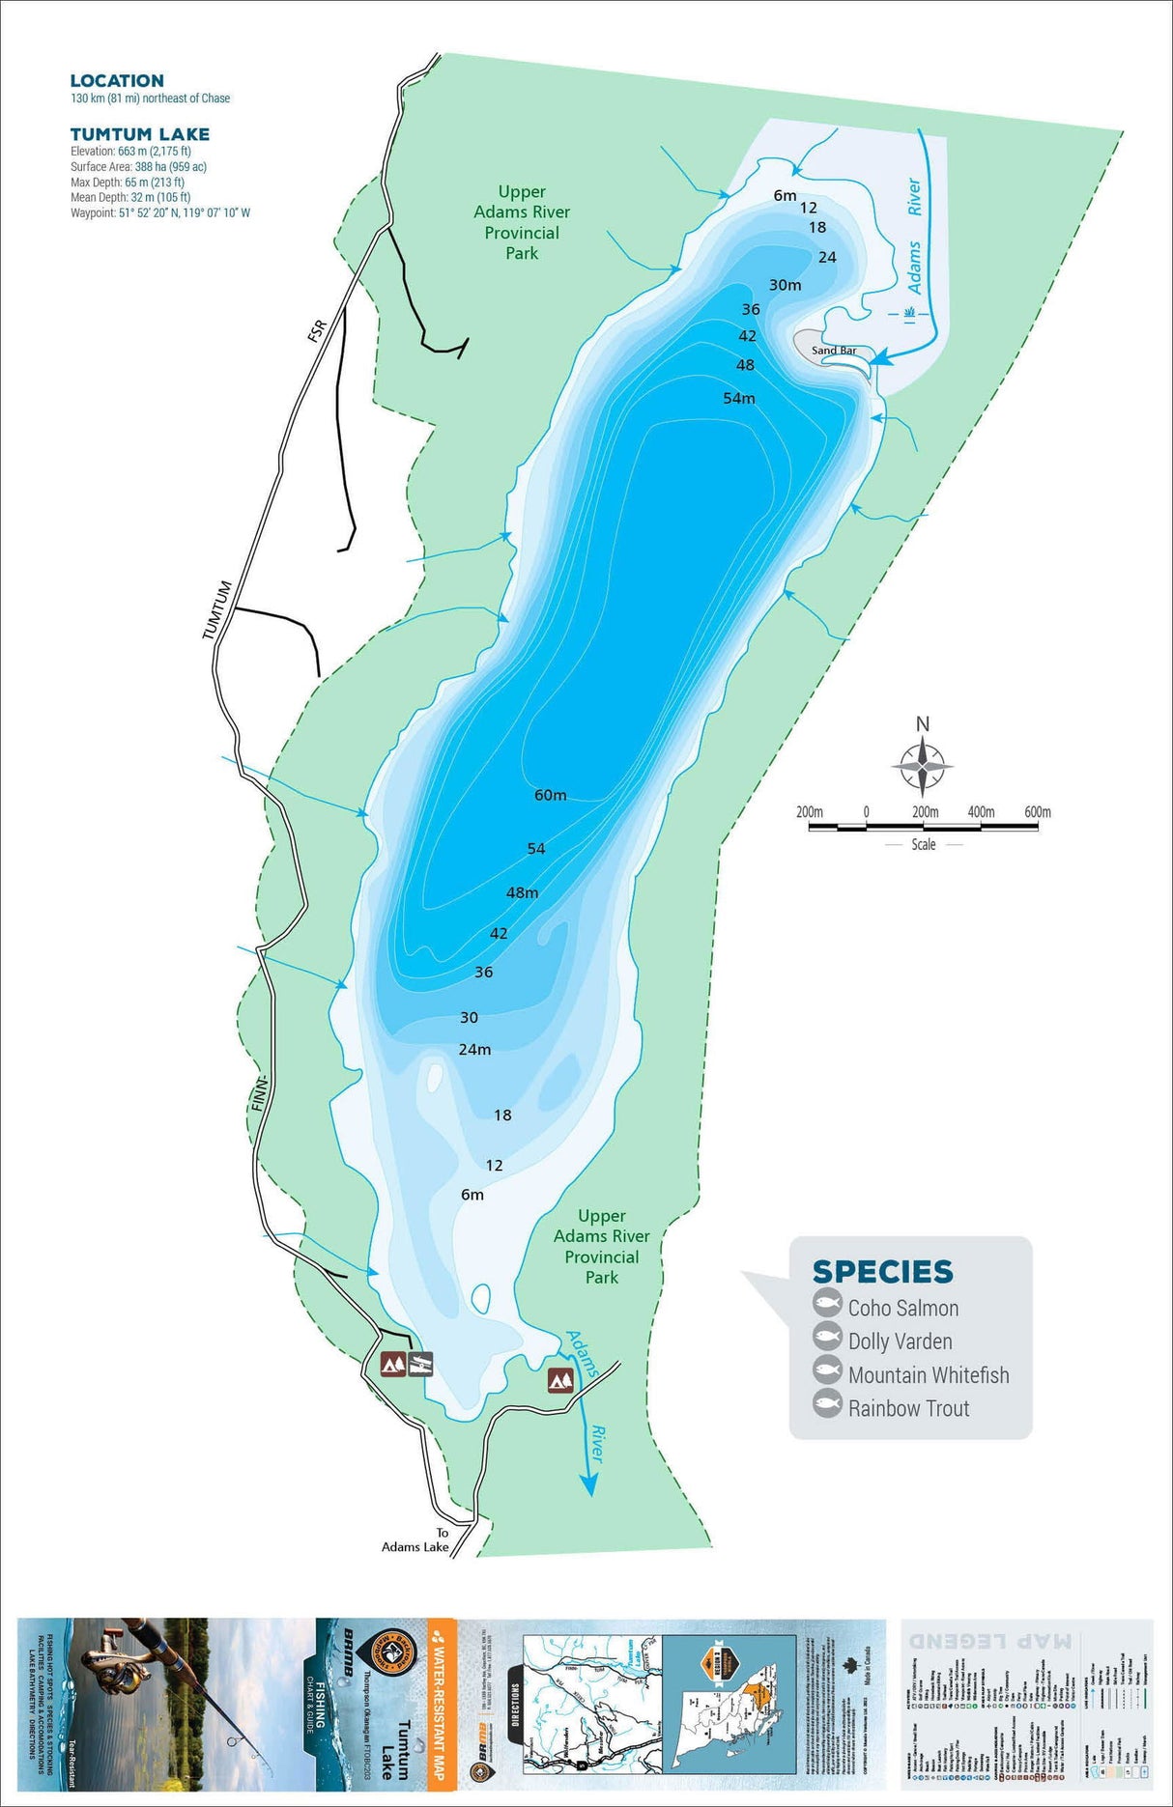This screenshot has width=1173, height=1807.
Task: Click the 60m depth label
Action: pyautogui.click(x=550, y=795)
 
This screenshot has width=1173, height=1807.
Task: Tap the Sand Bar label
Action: pyautogui.click(x=833, y=351)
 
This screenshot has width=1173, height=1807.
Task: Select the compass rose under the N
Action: pyautogui.click(x=923, y=766)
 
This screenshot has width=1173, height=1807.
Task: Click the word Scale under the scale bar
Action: pyautogui.click(x=924, y=844)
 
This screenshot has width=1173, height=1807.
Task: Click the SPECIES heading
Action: pyautogui.click(x=882, y=1271)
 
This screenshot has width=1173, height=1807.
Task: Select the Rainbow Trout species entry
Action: pyautogui.click(x=908, y=1408)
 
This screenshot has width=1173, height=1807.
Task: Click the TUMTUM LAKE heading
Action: pyautogui.click(x=139, y=134)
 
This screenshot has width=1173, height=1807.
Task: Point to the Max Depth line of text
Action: pyautogui.click(x=127, y=182)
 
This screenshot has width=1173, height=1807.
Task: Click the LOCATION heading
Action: pyautogui.click(x=117, y=81)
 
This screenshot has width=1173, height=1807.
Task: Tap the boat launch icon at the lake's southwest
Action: pyautogui.click(x=421, y=1364)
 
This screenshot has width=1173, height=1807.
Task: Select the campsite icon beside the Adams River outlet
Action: pyautogui.click(x=561, y=1380)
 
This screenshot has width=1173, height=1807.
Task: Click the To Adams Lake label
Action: pyautogui.click(x=415, y=1539)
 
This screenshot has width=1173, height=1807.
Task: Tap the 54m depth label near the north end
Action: pyautogui.click(x=739, y=398)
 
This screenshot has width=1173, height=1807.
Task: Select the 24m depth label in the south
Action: pyautogui.click(x=474, y=1049)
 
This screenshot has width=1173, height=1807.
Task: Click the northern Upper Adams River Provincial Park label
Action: pyautogui.click(x=522, y=222)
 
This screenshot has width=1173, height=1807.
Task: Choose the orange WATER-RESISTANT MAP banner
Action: pyautogui.click(x=441, y=1700)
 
